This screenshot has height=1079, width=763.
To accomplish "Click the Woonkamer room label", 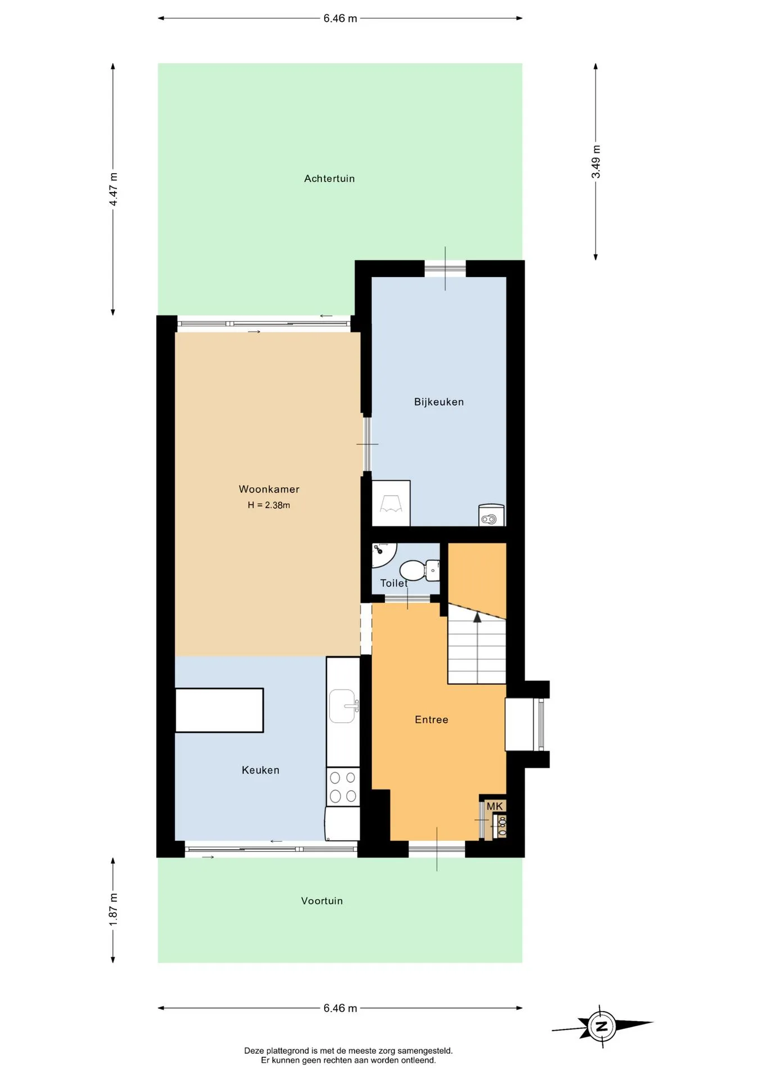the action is (x=269, y=489).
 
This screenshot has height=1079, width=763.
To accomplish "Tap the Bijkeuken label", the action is (x=439, y=402).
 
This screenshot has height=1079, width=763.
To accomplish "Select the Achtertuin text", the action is (x=329, y=179).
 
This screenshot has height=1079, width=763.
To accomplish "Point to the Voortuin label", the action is (x=322, y=901).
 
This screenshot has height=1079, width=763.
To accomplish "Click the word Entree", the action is (x=432, y=720).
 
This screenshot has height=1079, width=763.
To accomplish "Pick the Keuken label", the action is (x=260, y=770).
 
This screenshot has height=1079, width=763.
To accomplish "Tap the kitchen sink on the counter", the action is (x=343, y=706).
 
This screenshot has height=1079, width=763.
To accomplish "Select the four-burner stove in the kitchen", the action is (x=343, y=787).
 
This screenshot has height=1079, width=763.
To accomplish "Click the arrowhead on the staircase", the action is (x=478, y=617).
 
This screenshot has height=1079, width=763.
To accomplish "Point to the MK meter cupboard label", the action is (x=494, y=806).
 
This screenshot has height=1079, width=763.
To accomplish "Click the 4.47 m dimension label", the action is (x=113, y=189).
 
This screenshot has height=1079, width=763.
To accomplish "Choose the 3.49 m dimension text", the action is (x=596, y=162).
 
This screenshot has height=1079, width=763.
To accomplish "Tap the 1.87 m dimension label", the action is (x=113, y=909).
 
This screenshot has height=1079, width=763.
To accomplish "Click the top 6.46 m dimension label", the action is (x=340, y=19).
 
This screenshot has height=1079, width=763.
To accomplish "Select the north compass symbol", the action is (x=602, y=1027).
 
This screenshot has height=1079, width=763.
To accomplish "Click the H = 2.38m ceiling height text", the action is (x=269, y=505).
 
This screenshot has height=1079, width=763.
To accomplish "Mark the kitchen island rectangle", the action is (x=219, y=710).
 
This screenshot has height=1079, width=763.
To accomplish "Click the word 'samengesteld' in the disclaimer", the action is (x=425, y=1051).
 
